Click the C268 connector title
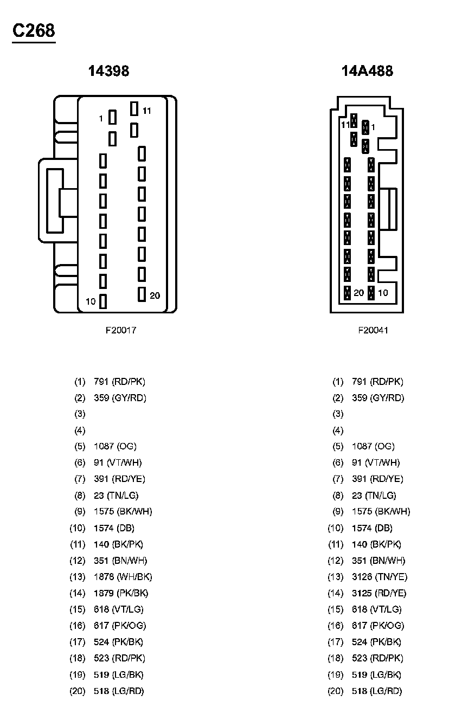[x=34, y=31]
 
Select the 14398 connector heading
[x=109, y=71]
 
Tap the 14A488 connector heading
[x=367, y=71]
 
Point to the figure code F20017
[x=120, y=330]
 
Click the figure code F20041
[x=373, y=330]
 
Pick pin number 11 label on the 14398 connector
[x=147, y=111]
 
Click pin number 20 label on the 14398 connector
[x=155, y=295]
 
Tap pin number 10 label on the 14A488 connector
[x=383, y=293]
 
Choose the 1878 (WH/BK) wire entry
[x=123, y=577]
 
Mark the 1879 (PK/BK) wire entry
[x=121, y=593]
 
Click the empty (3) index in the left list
[x=80, y=414]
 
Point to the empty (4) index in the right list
[x=338, y=430]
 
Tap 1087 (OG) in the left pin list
[x=115, y=447]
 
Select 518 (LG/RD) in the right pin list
[x=377, y=691]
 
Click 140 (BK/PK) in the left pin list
[x=118, y=544]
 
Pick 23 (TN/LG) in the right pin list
[x=374, y=496]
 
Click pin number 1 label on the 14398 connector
[x=100, y=118]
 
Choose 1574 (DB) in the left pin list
[x=114, y=528]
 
